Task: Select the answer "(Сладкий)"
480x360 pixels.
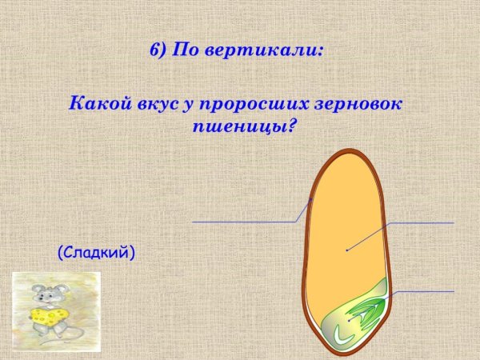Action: click(x=96, y=253)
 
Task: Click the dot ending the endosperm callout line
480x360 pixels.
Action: click(x=346, y=250)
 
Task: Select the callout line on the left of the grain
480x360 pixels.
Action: click(x=244, y=222)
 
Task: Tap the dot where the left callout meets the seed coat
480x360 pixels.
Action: click(x=311, y=199)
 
